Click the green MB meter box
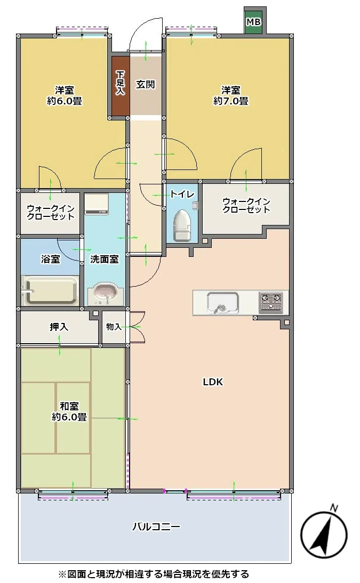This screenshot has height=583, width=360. pyautogui.click(x=254, y=21)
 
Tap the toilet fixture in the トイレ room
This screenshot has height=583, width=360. pyautogui.click(x=182, y=225)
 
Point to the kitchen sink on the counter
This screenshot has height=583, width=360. pyautogui.click(x=223, y=302)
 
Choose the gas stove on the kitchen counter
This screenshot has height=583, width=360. pyautogui.click(x=271, y=302)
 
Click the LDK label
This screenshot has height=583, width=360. pyautogui.click(x=213, y=382)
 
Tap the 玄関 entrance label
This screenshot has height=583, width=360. pyautogui.click(x=145, y=84)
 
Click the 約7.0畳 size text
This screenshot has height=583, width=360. pyautogui.click(x=231, y=101)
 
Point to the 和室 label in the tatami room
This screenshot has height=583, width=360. pyautogui.click(x=69, y=406)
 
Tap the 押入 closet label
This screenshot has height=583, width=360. pyautogui.click(x=59, y=327)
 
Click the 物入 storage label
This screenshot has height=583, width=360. pyautogui.click(x=114, y=327)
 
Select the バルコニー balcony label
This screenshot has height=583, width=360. pyautogui.click(x=156, y=527)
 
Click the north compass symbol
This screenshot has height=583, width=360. pyautogui.click(x=324, y=535)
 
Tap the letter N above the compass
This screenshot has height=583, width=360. pyautogui.click(x=334, y=508)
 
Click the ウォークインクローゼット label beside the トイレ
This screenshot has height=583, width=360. pyautogui.click(x=246, y=206)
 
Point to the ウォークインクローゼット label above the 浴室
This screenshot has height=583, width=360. pyautogui.click(x=51, y=212)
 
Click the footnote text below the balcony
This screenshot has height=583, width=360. pyautogui.click(x=154, y=574)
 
